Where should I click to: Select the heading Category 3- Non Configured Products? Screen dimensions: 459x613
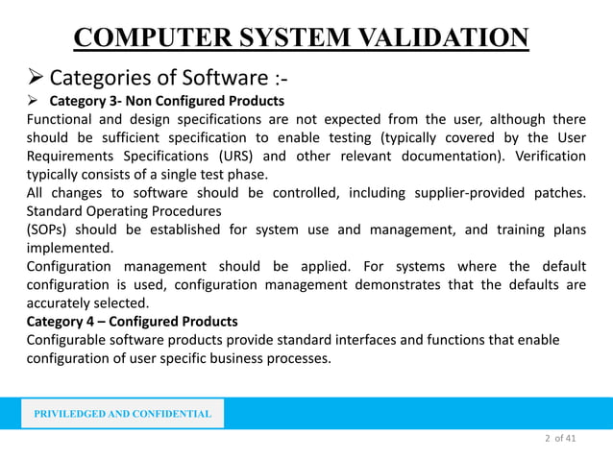pos(167,100)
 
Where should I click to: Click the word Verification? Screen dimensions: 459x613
pos(545,157)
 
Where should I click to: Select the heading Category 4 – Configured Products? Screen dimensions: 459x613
pos(132,321)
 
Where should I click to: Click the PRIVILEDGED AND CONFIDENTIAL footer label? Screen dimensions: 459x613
pos(122,414)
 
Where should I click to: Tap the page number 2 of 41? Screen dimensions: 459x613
pos(559,439)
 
